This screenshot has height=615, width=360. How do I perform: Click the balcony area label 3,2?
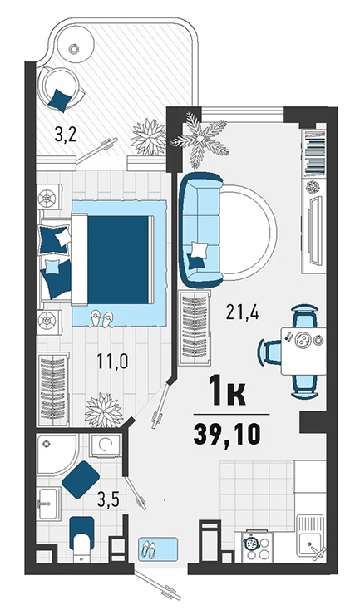pos(65,135)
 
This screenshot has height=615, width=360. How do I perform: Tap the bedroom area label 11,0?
pos(113,362)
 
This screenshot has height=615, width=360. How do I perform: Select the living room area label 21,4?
pos(242,312)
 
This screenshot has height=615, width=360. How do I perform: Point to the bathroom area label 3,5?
pos(108,500)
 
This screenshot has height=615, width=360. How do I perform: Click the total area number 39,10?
pos(227,435)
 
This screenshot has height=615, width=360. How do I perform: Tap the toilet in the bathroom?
pos(81,540)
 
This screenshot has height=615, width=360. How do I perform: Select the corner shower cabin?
pos(57,455)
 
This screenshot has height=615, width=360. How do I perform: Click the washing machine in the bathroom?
pos(105,445)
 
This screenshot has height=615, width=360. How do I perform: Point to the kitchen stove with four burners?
pos(256,546)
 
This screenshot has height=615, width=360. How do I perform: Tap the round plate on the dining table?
pos(303,340)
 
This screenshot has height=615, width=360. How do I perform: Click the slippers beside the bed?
pos(101,319)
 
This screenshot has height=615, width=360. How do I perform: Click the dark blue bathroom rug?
pos(81,480)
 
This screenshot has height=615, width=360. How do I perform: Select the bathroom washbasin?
pos(48,504)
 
